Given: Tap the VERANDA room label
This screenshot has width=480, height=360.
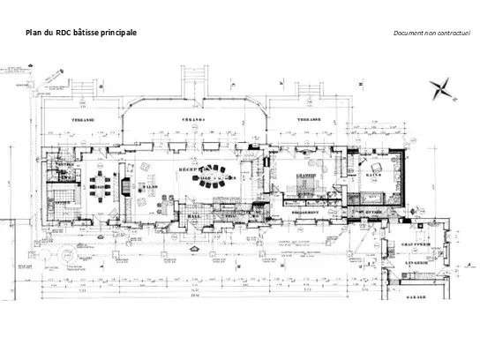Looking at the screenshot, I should click(195, 118).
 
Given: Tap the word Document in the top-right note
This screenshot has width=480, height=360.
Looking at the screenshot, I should click(409, 33).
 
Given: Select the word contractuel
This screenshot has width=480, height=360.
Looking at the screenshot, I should click(455, 33).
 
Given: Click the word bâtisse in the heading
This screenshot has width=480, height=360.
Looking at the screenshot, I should click(88, 33).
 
